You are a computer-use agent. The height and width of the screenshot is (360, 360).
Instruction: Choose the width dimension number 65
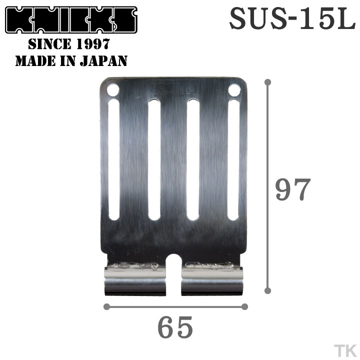pos(175,327)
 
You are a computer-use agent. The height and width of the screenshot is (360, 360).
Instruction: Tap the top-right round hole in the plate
pos(234,90)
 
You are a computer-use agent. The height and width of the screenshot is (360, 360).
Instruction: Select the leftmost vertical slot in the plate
pos(114,160)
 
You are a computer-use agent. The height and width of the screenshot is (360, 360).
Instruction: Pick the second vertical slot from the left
pos(154,160)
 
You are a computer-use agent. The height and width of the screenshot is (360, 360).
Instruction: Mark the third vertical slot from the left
pos(193,160)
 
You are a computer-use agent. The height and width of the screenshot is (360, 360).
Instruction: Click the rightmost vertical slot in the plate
pos(233,160)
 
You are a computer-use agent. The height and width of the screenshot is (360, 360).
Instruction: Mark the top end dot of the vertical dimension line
pos(268,81)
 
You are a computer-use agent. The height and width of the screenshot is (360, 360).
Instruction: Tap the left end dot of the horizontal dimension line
pos(105,306)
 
